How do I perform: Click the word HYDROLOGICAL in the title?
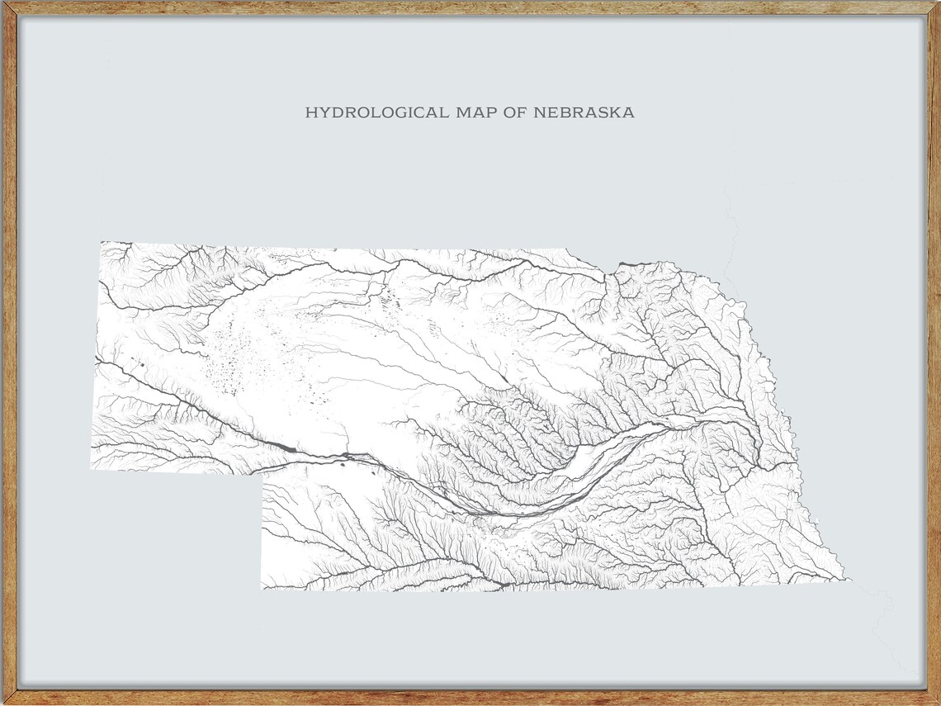[378, 112]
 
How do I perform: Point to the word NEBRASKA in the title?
[584, 112]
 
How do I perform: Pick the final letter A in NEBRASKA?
[629, 112]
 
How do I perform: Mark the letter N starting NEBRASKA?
[539, 112]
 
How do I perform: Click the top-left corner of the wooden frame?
[2, 2]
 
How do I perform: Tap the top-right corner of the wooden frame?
[938, 2]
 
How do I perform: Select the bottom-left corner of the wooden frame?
[2, 703]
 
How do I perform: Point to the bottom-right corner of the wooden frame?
[938, 703]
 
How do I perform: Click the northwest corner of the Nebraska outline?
[102, 242]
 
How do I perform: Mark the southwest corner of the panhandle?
[91, 469]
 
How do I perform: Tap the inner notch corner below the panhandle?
[262, 474]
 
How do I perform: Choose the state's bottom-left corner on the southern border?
[262, 589]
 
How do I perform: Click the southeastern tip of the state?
[848, 578]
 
